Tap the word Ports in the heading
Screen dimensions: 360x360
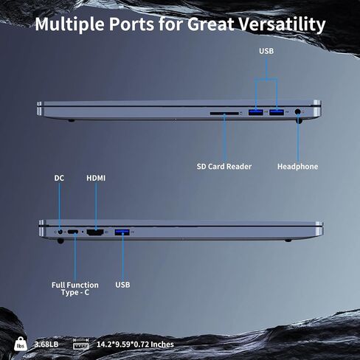click(131, 24)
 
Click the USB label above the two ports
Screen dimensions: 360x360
click(266, 51)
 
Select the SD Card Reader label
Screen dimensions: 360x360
click(224, 167)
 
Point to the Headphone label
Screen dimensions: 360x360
click(297, 167)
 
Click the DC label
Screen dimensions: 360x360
click(59, 178)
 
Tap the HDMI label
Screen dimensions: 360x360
click(96, 178)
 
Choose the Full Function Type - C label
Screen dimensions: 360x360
click(75, 288)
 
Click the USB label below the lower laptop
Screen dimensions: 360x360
click(122, 285)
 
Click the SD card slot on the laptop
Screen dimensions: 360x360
click(224, 114)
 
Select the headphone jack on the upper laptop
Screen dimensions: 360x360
click(298, 112)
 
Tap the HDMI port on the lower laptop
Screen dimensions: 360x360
click(95, 232)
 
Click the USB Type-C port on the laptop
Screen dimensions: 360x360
click(73, 232)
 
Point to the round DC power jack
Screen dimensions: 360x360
click(60, 232)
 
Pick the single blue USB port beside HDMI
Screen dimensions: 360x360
click(122, 232)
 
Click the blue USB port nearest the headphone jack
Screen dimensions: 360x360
click(277, 112)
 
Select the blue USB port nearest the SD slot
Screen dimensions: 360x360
click(256, 112)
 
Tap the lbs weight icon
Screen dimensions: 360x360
click(21, 344)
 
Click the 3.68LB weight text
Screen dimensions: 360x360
click(46, 345)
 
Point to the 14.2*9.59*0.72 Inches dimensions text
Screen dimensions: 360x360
click(135, 345)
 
